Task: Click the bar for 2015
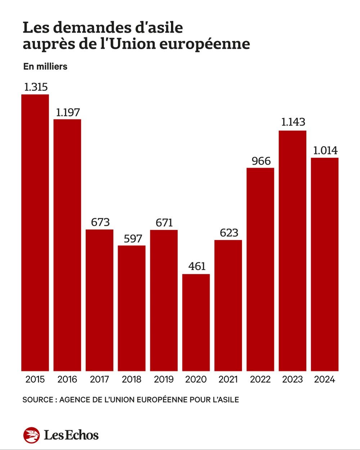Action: pos(35,232)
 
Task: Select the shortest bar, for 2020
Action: pos(196,322)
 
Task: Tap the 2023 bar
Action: pos(292,250)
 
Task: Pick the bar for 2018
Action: pos(131,308)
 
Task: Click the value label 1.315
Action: pos(36,87)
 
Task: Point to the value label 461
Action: pos(197,266)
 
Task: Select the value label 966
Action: pos(261,161)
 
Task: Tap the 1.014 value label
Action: pos(325,150)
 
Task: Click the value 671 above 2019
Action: pos(164,223)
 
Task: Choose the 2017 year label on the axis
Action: pos(99,379)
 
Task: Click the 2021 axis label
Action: pos(228,379)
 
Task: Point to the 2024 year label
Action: pos(325,379)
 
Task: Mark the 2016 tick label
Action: pos(67,379)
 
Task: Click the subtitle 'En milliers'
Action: pos(45,67)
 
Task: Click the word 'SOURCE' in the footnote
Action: pos(37,400)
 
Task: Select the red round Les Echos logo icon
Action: pos(31,435)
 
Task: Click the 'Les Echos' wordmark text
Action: pos(71,435)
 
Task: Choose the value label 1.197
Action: pos(68,112)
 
